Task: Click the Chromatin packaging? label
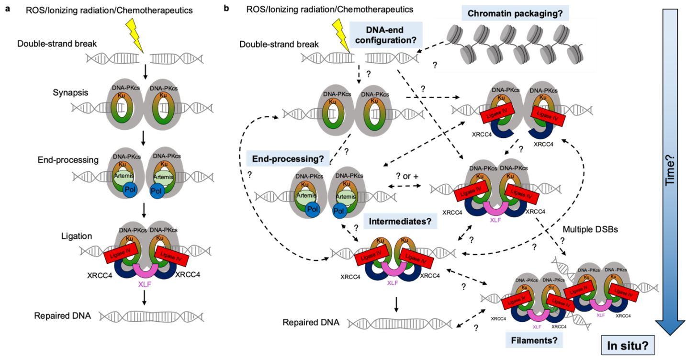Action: [515, 13]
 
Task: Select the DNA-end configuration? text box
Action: [387, 35]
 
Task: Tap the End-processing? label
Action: [288, 158]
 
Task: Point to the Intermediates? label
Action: [400, 221]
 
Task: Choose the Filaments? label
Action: [534, 341]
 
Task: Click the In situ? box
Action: [628, 345]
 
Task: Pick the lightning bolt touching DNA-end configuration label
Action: [341, 34]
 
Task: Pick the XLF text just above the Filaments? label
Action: [537, 327]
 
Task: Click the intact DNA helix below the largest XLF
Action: [151, 316]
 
